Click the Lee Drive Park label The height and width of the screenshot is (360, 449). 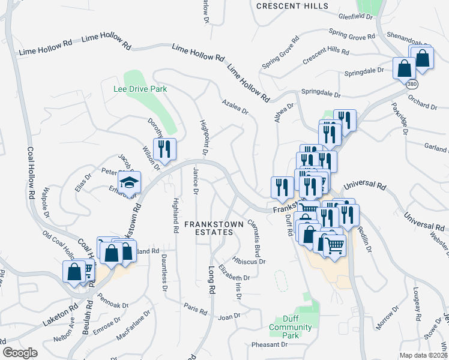pos(140,89)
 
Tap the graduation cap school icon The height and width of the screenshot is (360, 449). pos(128,182)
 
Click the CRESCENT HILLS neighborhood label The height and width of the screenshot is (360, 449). pos(292,6)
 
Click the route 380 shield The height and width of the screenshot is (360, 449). pos(411,85)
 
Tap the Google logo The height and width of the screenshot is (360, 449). pos(20,353)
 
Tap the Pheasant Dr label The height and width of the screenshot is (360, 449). pos(270,345)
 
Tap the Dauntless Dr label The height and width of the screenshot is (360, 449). pos(164,272)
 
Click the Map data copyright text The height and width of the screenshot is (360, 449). pos(423,355)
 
